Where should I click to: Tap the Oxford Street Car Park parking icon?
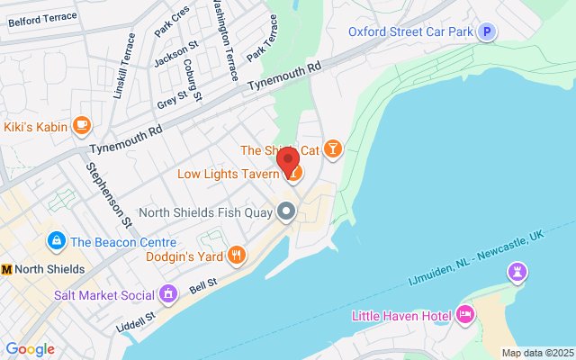487,32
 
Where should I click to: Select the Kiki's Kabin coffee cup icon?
82,126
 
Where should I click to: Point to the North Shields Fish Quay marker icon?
287,212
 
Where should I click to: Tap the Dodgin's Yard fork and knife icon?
236,256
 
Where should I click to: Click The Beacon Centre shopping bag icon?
56,241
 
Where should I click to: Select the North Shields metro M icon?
8,269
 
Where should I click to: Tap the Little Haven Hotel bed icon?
465,314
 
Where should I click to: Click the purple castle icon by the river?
517,271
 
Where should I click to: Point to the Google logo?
30,349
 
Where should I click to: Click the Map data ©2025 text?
536,353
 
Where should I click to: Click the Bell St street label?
203,284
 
